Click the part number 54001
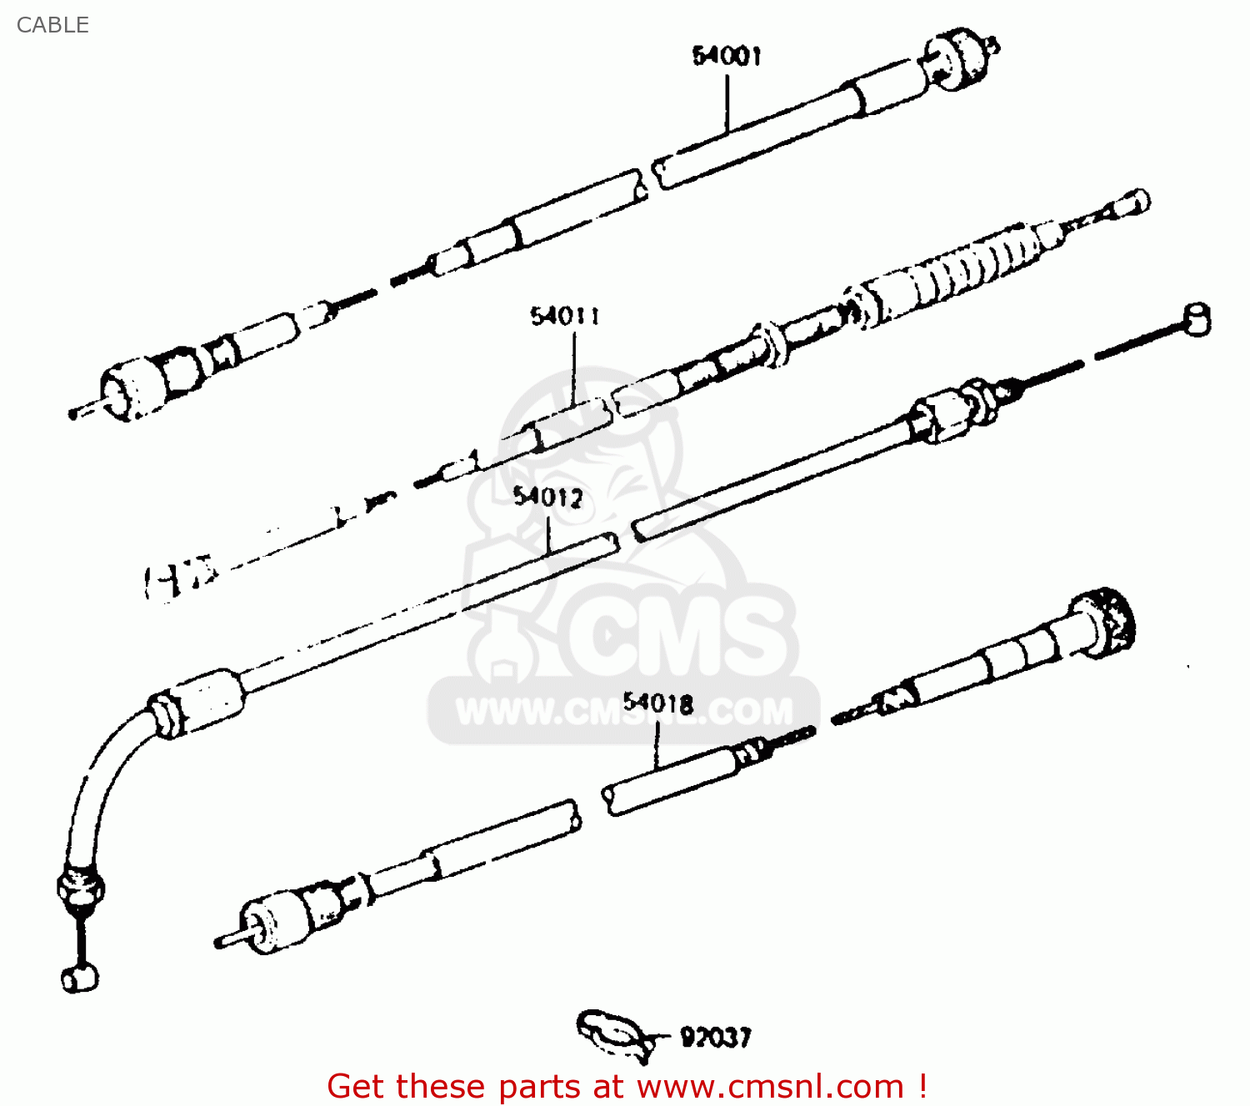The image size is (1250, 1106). tap(727, 56)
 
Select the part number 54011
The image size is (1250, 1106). tap(565, 316)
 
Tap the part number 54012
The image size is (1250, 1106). tap(547, 498)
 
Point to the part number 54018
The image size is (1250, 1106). tap(658, 703)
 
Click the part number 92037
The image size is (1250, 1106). tap(716, 1038)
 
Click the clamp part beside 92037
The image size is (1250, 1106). tap(612, 1033)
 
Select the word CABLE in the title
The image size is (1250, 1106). tap(52, 25)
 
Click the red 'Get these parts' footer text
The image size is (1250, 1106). tap(627, 1086)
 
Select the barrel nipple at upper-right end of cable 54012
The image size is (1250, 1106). tap(1197, 318)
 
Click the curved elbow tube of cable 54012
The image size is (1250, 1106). tap(104, 775)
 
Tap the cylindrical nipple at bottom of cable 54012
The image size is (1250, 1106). tap(80, 978)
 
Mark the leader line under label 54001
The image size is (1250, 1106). tap(727, 104)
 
